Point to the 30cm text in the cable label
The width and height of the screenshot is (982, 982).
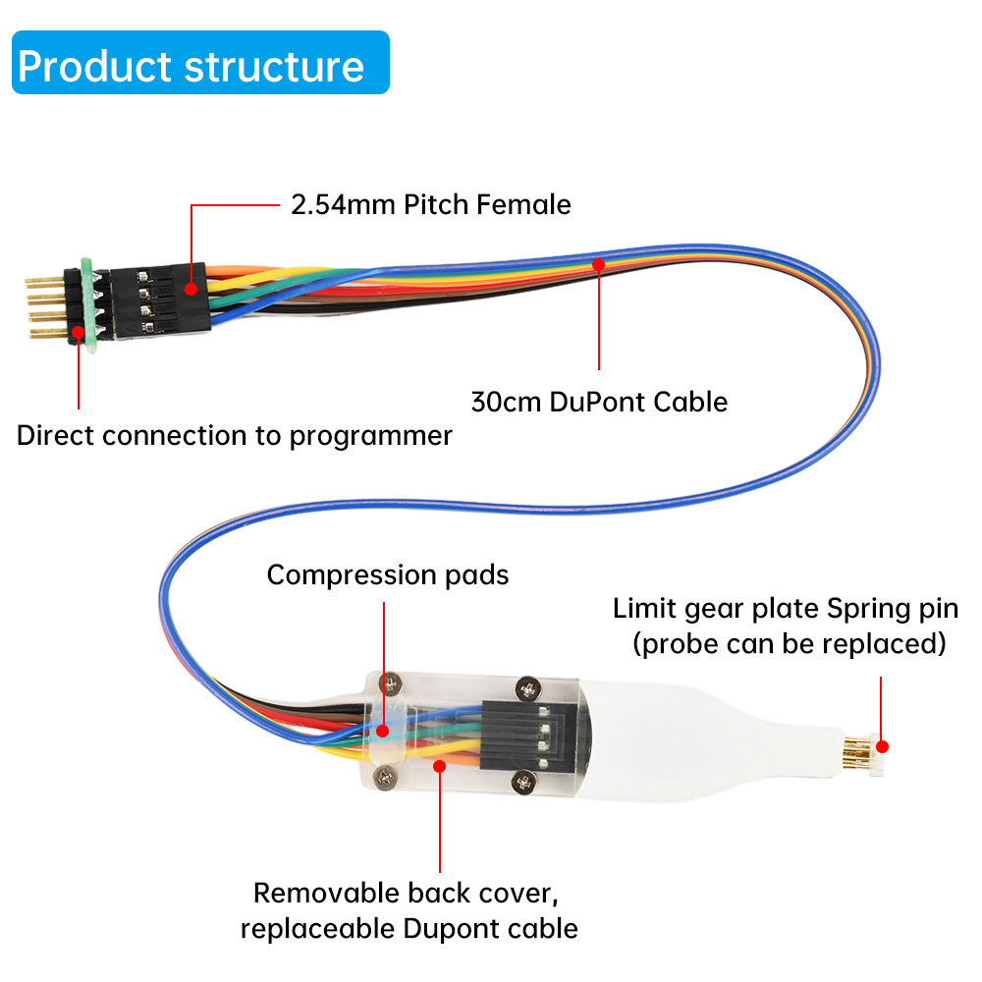(504, 402)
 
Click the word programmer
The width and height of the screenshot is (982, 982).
(372, 435)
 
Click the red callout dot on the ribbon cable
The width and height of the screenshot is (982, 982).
(598, 263)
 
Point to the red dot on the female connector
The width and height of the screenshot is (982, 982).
(190, 288)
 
